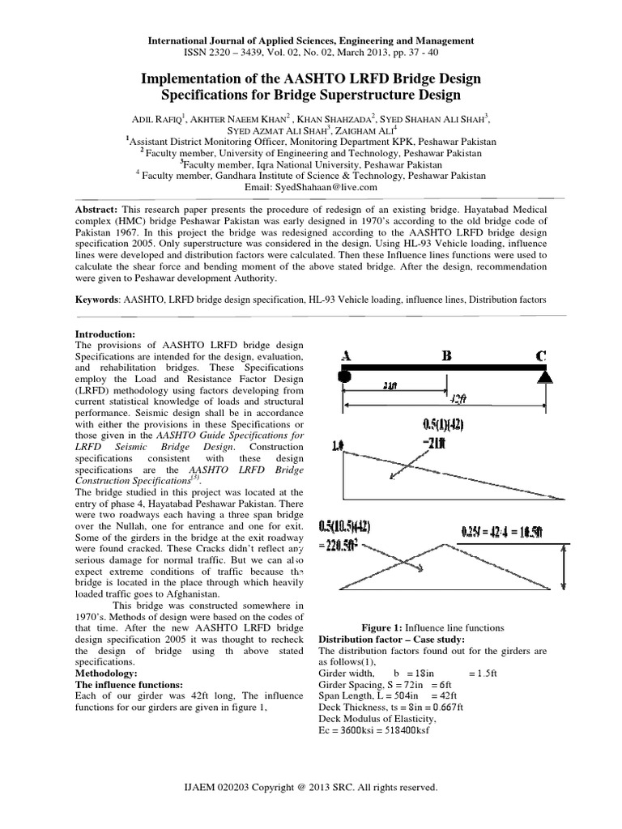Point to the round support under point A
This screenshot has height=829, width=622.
[343, 376]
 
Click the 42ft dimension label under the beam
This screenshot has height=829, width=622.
[458, 399]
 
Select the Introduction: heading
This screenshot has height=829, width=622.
[109, 334]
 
